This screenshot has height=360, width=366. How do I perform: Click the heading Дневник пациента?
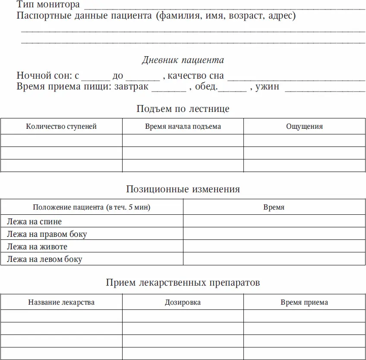click(x=183, y=60)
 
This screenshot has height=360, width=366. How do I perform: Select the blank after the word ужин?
click(x=325, y=88)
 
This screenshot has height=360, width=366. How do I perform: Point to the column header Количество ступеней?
click(x=61, y=127)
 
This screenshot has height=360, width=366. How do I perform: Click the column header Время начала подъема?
click(x=183, y=127)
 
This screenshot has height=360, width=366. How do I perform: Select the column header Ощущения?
click(x=304, y=127)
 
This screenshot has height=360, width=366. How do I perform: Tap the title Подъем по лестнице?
click(x=183, y=108)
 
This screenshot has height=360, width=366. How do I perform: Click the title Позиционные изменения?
click(x=183, y=189)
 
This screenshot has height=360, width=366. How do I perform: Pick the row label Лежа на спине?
click(x=35, y=222)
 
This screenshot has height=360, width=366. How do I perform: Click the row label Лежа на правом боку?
click(x=47, y=234)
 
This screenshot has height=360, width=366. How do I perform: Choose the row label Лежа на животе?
click(x=37, y=247)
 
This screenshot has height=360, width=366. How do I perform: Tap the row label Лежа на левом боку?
click(x=44, y=259)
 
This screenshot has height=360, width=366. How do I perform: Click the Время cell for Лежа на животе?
click(x=274, y=247)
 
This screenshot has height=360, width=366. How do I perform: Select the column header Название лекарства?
click(x=61, y=303)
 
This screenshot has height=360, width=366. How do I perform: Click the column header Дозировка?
click(x=183, y=303)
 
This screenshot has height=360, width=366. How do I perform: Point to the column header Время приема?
click(x=304, y=303)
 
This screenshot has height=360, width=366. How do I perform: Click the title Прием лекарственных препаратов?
click(x=183, y=283)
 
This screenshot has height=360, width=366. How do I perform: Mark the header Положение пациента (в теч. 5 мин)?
click(x=91, y=207)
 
